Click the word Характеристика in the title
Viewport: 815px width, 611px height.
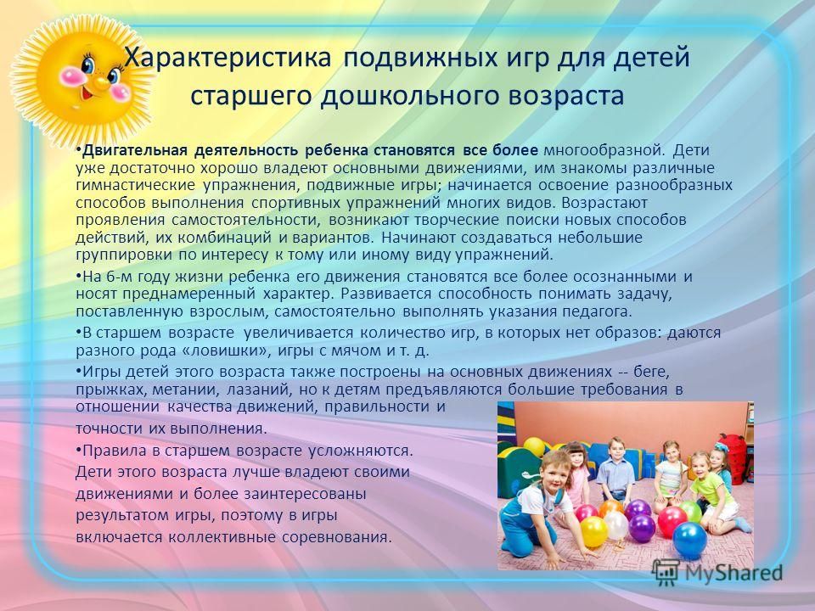tap(228, 57)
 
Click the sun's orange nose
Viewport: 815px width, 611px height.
tap(101, 82)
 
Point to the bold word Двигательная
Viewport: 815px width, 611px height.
tap(135, 151)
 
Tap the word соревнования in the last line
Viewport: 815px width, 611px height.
tap(337, 537)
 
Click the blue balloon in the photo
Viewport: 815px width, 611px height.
tap(689, 541)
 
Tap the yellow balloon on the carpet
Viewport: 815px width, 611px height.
tap(594, 531)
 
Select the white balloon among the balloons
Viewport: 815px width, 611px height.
tap(615, 525)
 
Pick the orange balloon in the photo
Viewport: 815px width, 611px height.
tap(610, 507)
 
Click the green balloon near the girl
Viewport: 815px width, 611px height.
tap(690, 511)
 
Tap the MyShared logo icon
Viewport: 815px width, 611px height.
tap(666, 573)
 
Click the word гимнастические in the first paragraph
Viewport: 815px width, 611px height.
tap(136, 186)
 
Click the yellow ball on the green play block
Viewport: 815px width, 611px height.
tap(534, 447)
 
